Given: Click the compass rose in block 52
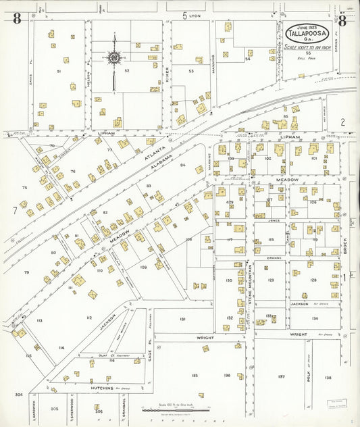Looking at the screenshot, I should tap(113, 58).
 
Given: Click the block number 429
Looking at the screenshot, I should tap(230, 202).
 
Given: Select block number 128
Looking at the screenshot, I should tap(313, 280).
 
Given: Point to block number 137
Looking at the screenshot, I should tap(282, 376).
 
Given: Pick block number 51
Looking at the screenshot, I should tap(59, 71).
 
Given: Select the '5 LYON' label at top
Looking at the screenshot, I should tap(192, 15).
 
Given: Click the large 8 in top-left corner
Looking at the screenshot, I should tap(16, 19).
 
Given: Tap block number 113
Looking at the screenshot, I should tap(39, 321).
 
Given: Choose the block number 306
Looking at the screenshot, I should tap(99, 410).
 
